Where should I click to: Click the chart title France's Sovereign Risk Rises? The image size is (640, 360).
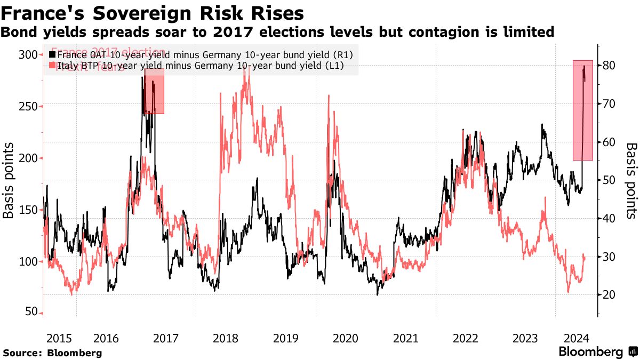click(x=154, y=12)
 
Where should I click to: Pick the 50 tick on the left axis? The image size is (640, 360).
click(x=31, y=312)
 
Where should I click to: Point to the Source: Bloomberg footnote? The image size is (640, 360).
click(x=52, y=353)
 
